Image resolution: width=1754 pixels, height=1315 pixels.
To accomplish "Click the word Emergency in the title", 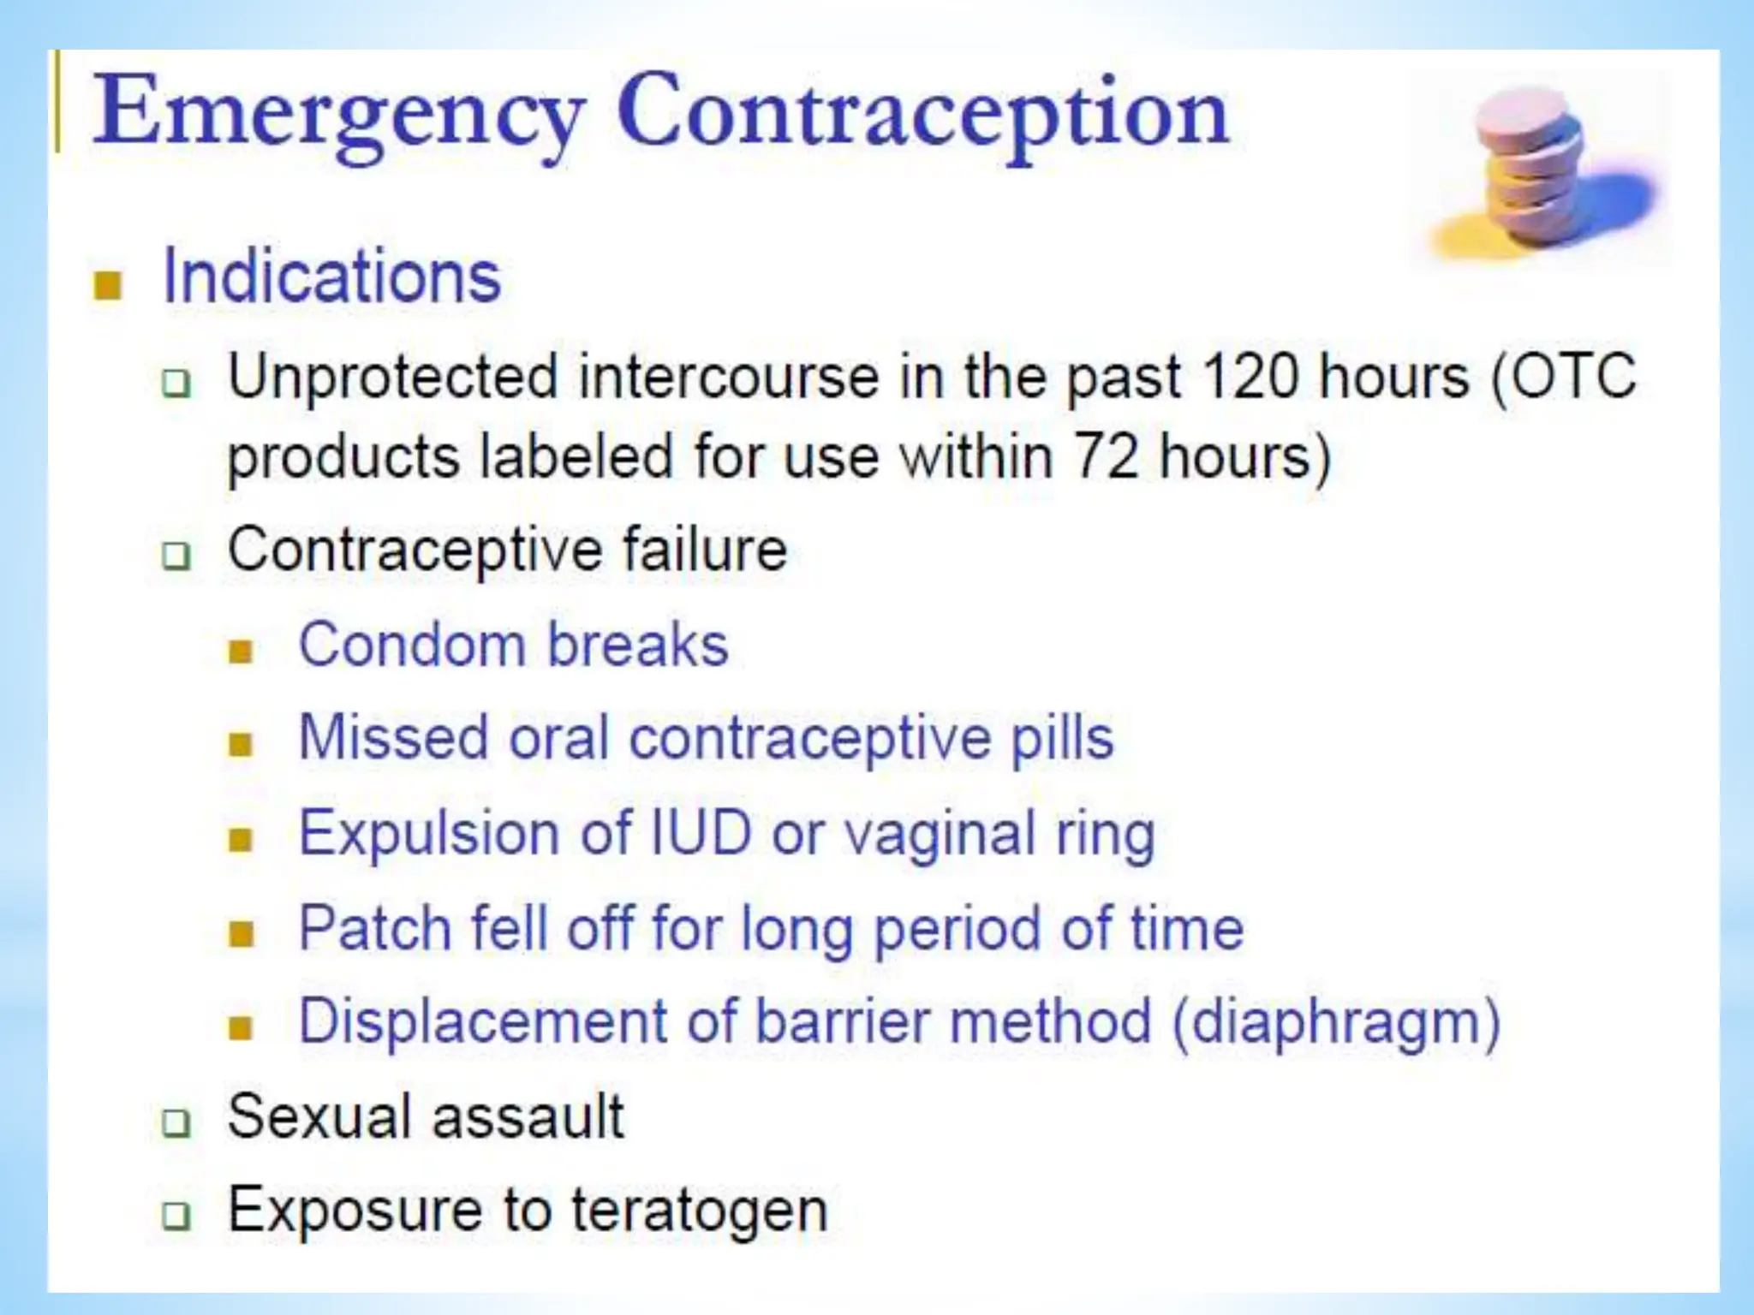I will click(x=338, y=116).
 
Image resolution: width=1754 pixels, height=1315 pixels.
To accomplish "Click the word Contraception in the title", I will click(x=922, y=116).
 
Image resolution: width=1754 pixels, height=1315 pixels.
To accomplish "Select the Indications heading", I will click(x=331, y=277).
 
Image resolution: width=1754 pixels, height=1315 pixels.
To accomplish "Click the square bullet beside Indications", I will click(x=108, y=286).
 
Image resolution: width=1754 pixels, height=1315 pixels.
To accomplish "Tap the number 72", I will click(x=1106, y=456).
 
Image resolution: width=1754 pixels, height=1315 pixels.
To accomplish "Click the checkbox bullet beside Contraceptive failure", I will click(x=176, y=556).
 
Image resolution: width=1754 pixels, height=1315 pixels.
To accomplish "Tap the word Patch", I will click(x=375, y=927).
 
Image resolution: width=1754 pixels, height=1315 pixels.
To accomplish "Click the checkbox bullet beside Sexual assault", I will click(x=176, y=1122).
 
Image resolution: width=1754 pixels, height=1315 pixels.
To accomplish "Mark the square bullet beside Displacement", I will click(x=242, y=1027).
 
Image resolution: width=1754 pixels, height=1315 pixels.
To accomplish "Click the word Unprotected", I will click(x=392, y=377).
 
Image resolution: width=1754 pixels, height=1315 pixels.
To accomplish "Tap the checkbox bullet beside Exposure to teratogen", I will click(x=176, y=1216).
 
